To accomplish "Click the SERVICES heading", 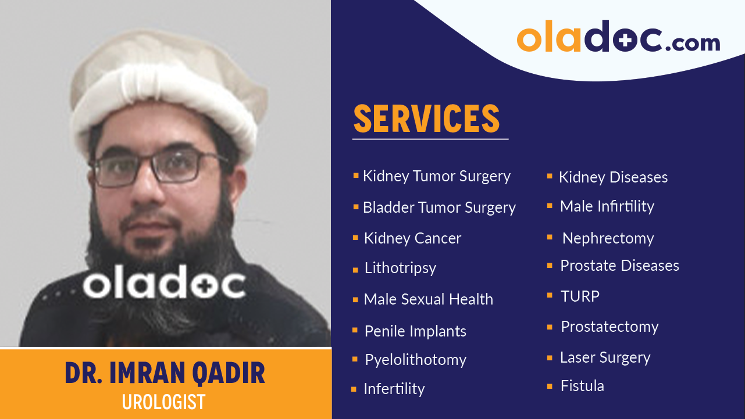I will [x=426, y=119].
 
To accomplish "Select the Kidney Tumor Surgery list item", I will [x=436, y=176].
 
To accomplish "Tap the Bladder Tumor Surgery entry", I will [x=439, y=207].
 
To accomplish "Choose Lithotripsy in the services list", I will [x=400, y=268].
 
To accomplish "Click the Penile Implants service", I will [x=415, y=331].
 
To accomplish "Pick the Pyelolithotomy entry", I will [x=415, y=360].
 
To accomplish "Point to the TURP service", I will [x=580, y=296].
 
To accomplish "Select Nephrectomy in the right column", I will [x=608, y=238].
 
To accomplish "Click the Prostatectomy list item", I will [x=609, y=327].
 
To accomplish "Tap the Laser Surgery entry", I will [x=605, y=357].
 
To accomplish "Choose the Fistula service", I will [x=582, y=386].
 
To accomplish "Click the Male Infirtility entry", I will [x=607, y=206].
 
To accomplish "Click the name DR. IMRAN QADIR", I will [x=165, y=374].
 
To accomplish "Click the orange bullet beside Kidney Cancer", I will [x=355, y=238].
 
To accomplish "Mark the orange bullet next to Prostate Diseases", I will [x=550, y=266].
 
